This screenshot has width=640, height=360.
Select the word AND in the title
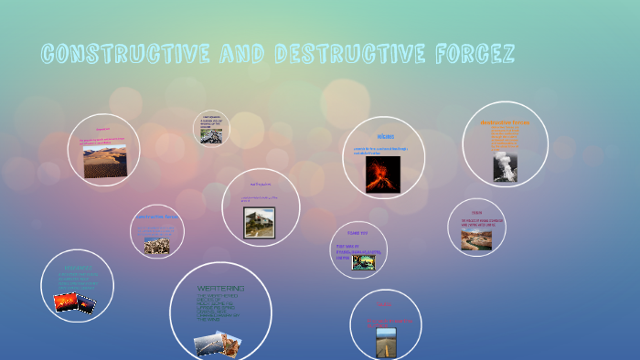click(240, 55)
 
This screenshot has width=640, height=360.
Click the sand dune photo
click(105, 161)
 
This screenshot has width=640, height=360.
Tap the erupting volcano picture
click(383, 174)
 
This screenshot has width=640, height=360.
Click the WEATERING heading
click(220, 289)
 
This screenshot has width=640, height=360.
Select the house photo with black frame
click(259, 222)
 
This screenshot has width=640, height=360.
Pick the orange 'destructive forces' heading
click(505, 122)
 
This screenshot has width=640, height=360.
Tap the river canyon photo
click(476, 239)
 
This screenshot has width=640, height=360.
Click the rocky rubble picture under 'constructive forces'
click(156, 245)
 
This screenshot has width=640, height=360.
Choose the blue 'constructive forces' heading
click(156, 217)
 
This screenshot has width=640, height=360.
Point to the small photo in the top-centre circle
click(211, 134)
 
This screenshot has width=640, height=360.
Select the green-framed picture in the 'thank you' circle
click(364, 262)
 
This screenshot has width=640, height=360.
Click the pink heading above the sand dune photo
click(102, 129)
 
